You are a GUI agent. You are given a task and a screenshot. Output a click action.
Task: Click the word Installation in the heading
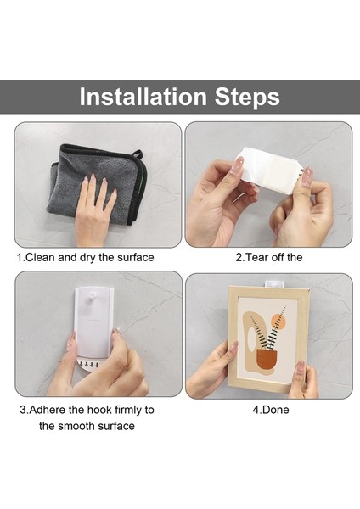pyautogui.click(x=143, y=97)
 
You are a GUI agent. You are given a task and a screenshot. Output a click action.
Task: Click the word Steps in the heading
pyautogui.click(x=247, y=97)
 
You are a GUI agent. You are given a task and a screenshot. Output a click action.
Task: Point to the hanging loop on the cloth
pyautogui.click(x=137, y=154)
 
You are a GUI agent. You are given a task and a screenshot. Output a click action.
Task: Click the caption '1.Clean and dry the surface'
pyautogui.click(x=86, y=257)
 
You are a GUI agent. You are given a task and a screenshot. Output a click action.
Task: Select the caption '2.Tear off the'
pyautogui.click(x=269, y=257)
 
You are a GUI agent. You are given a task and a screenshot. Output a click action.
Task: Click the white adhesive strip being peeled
pyautogui.click(x=270, y=169)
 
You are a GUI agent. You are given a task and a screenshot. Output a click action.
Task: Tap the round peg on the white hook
pyautogui.click(x=92, y=296)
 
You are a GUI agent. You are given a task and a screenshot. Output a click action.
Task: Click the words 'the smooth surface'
pyautogui.click(x=87, y=426)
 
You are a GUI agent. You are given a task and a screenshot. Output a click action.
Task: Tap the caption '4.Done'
pyautogui.click(x=271, y=410)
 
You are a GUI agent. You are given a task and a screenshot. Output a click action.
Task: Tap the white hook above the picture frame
pyautogui.click(x=274, y=284)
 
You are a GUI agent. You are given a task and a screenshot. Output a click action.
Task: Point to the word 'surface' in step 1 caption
pyautogui.click(x=136, y=257)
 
